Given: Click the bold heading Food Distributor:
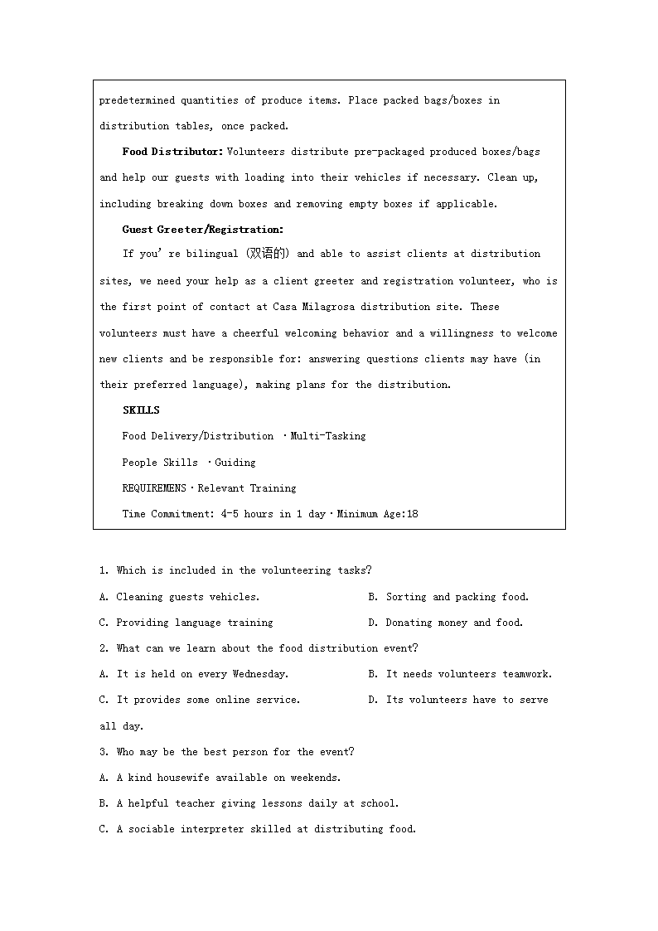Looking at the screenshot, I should pyautogui.click(x=172, y=152).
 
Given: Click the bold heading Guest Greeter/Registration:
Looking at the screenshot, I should pyautogui.click(x=202, y=230).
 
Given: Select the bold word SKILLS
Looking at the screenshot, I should pyautogui.click(x=141, y=410).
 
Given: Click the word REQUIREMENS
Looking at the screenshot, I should pyautogui.click(x=154, y=488).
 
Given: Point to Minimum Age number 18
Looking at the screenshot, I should pyautogui.click(x=412, y=514).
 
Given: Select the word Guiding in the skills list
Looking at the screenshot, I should pyautogui.click(x=235, y=463).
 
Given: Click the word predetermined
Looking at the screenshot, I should pyautogui.click(x=137, y=100).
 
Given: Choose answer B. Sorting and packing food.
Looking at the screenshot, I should pyautogui.click(x=448, y=597).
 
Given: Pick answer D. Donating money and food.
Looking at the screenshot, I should pyautogui.click(x=446, y=623).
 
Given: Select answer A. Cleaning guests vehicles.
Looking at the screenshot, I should pyautogui.click(x=180, y=597).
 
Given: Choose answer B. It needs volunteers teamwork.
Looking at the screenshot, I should pyautogui.click(x=460, y=674).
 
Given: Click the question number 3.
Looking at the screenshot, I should pyautogui.click(x=104, y=752).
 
